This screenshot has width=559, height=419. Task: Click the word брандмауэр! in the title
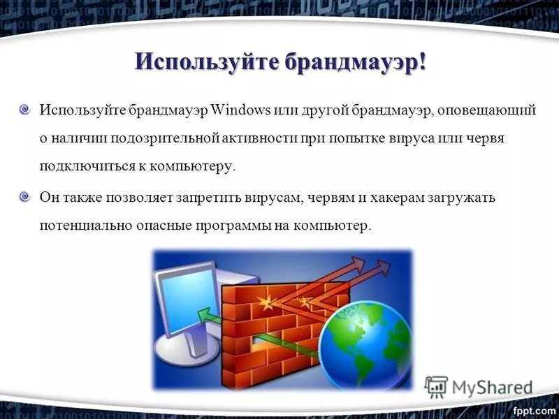[356, 61]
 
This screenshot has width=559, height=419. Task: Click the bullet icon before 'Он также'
[25, 198]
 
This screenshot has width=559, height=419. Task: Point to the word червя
[486, 139]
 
